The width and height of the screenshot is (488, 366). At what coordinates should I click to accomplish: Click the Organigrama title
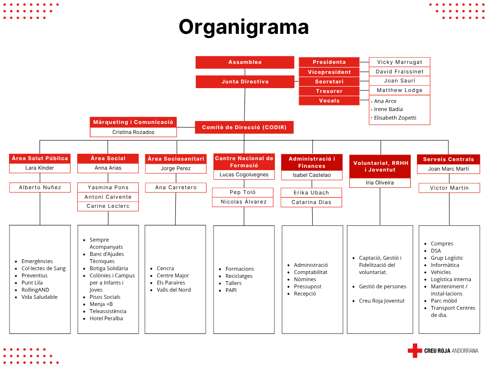(x=244, y=27)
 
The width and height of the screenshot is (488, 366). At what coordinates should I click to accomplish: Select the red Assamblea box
(x=244, y=62)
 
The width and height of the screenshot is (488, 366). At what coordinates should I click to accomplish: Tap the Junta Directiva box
(x=245, y=82)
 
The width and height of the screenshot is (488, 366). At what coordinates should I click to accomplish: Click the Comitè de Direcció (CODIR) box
(x=244, y=127)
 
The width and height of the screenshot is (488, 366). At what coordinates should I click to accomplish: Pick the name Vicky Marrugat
(x=399, y=62)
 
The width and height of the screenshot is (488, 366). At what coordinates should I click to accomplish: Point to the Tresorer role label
(x=329, y=91)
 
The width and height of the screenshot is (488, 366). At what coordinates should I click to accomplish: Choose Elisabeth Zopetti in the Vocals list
(x=395, y=118)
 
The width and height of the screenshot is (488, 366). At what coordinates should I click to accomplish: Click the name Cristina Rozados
(x=133, y=132)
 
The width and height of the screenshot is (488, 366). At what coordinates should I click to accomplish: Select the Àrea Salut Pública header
(x=40, y=158)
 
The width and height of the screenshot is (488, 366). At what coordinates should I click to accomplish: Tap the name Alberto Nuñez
(x=40, y=187)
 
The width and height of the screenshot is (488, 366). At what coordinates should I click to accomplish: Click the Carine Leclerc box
(x=108, y=206)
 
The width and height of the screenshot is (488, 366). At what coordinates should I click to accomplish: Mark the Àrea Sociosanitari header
(x=176, y=159)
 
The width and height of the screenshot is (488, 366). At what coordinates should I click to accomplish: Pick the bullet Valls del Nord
(x=173, y=290)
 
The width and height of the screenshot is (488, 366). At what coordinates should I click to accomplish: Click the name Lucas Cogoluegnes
(x=244, y=174)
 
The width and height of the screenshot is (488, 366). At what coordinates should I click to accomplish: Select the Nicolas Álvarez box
(x=244, y=202)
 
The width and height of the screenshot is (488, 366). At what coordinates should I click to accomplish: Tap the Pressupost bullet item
(x=307, y=286)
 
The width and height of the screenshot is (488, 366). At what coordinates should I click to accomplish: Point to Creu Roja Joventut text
(x=382, y=301)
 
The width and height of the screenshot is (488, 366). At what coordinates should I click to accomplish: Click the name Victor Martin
(x=449, y=188)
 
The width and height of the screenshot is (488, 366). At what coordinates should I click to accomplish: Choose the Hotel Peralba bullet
(x=106, y=318)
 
